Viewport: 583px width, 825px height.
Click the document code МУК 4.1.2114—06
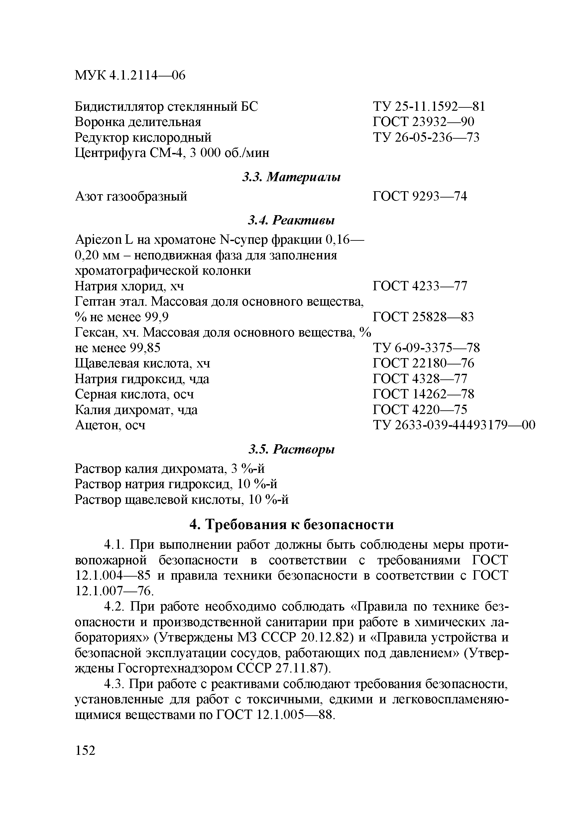pyautogui.click(x=130, y=75)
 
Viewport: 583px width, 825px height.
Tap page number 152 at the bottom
pyautogui.click(x=85, y=750)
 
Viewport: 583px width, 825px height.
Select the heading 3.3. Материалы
pyautogui.click(x=291, y=177)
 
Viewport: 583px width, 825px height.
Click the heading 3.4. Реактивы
pyautogui.click(x=291, y=220)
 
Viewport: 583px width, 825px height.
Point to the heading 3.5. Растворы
pyautogui.click(x=291, y=449)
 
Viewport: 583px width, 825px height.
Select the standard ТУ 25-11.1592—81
pyautogui.click(x=429, y=107)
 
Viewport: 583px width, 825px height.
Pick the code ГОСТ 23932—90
pyautogui.click(x=423, y=122)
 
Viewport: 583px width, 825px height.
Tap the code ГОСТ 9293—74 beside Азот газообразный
pyautogui.click(x=420, y=196)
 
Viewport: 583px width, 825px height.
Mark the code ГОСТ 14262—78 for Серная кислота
pyautogui.click(x=423, y=394)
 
